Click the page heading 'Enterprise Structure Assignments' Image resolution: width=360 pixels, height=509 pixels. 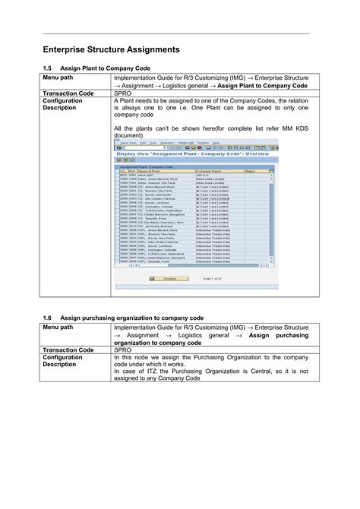point(110,49)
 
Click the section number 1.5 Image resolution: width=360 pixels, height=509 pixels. point(47,69)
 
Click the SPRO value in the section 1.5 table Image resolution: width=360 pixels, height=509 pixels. point(123,93)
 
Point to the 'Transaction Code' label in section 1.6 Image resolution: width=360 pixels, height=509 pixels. point(68,350)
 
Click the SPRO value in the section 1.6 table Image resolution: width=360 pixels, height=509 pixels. point(123,350)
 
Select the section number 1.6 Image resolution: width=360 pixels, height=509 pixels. point(47,317)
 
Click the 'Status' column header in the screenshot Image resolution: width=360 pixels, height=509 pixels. point(251,172)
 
